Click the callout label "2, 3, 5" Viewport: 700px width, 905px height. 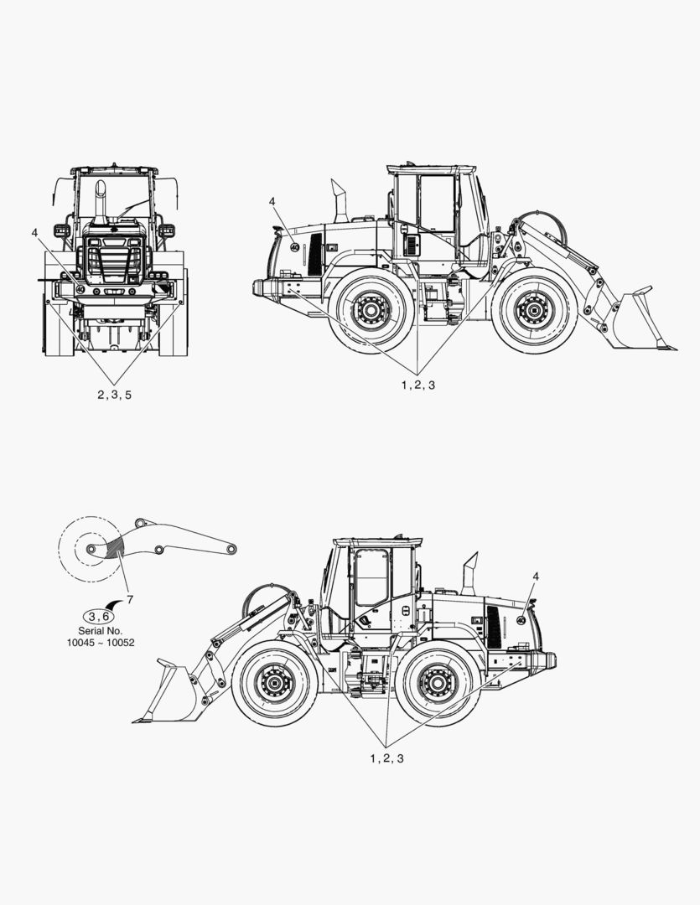tap(114, 395)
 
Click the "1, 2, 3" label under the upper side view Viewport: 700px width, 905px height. tap(418, 385)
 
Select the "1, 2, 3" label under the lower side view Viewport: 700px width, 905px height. tap(387, 758)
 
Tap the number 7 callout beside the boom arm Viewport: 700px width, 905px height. tap(130, 600)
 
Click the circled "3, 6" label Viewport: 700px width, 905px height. tap(99, 616)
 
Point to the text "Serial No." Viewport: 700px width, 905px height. tap(101, 631)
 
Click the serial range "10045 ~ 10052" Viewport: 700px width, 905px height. tap(101, 643)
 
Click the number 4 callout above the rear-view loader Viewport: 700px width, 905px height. tap(34, 232)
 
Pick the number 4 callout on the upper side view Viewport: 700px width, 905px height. tap(272, 201)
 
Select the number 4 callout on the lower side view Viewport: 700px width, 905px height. tap(536, 576)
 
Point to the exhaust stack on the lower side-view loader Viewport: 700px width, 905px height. tap(469, 574)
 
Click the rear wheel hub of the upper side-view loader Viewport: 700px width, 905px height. tap(371, 311)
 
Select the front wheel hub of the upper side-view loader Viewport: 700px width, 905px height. tap(534, 311)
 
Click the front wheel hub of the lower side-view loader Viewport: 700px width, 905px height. tap(274, 684)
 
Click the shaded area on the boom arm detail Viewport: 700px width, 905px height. tap(114, 546)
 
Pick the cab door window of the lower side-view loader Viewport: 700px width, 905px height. tap(371, 577)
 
